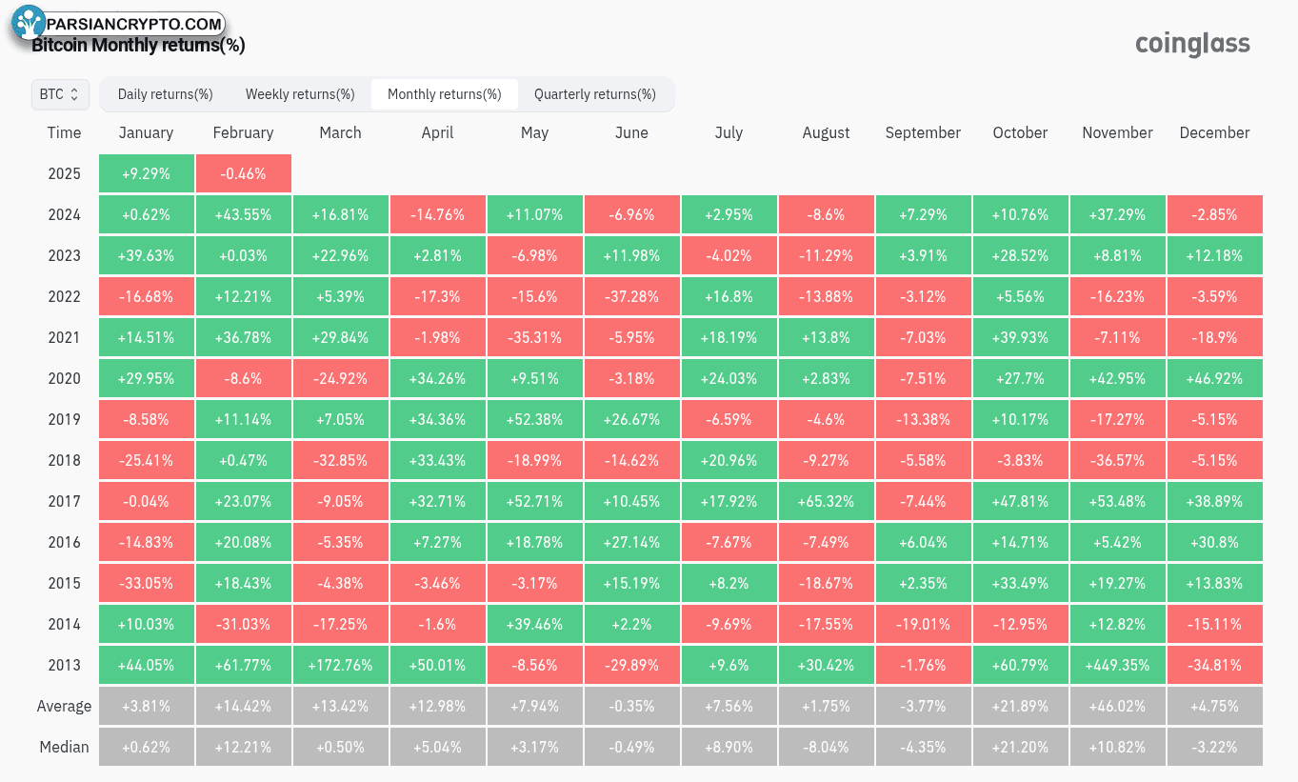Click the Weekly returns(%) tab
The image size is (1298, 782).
coord(300,94)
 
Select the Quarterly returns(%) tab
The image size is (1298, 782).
coord(595,94)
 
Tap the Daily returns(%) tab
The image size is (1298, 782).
coord(165,94)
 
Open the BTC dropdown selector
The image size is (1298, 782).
coord(60,94)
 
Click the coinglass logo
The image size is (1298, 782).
coord(1192,44)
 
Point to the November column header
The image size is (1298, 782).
coord(1117,132)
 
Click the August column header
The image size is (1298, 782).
coord(826,132)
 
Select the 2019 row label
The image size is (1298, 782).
coord(65,419)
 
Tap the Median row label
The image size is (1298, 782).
coord(65,747)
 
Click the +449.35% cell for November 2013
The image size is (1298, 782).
coord(1117,665)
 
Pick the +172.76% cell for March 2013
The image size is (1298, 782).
coord(340,665)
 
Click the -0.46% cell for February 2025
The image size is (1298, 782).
coord(244,173)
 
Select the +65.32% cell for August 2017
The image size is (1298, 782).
coord(826,501)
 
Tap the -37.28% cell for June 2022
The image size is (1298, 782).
coord(631,296)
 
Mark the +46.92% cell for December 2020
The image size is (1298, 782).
coord(1214,378)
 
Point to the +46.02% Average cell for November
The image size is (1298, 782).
coord(1117,706)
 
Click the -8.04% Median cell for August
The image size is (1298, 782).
coord(826,747)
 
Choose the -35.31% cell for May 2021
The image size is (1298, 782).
coord(534,337)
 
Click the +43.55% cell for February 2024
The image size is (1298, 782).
coord(244,214)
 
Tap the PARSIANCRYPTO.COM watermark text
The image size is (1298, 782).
coord(134,24)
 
